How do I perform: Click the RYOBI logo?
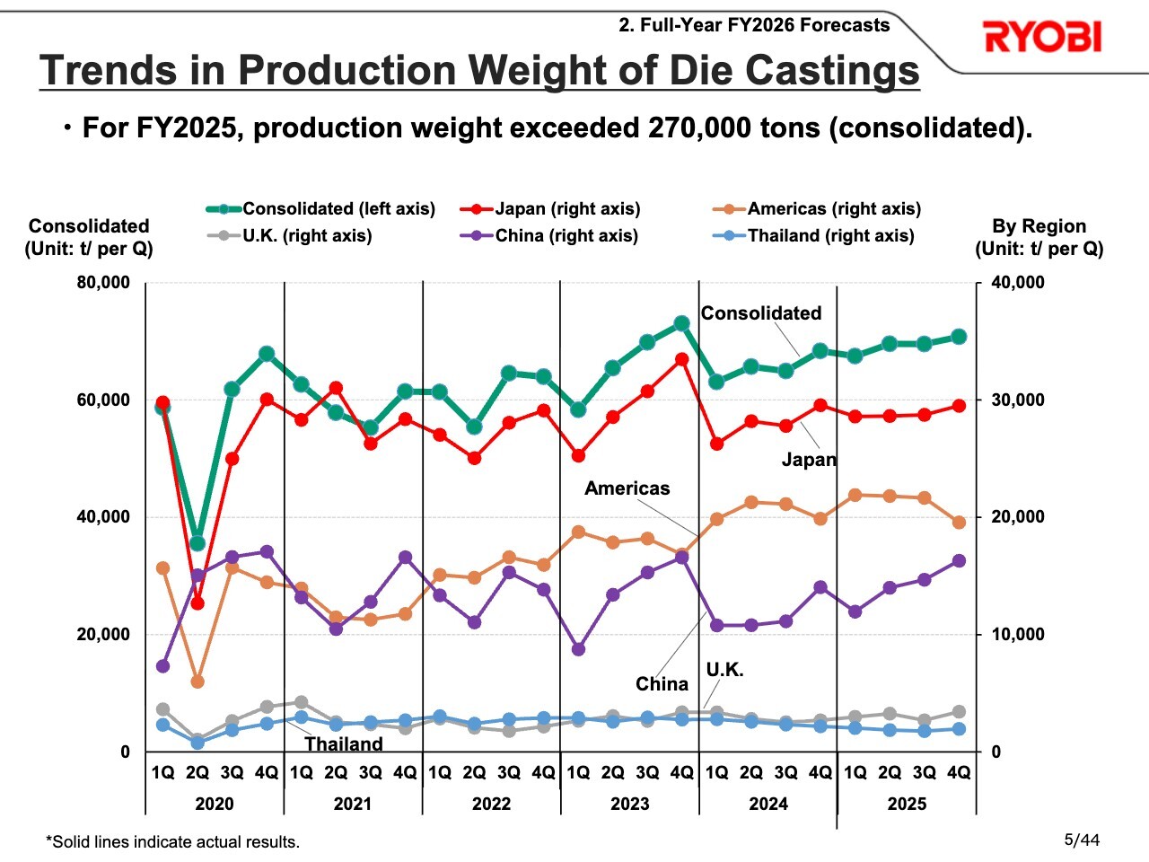pyautogui.click(x=1042, y=38)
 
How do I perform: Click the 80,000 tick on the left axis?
pyautogui.click(x=103, y=283)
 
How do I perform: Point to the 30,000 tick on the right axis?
pyautogui.click(x=1018, y=400)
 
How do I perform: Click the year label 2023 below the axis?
pyautogui.click(x=629, y=804)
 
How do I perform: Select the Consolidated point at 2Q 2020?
pyautogui.click(x=197, y=543)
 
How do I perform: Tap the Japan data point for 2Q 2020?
pyautogui.click(x=197, y=603)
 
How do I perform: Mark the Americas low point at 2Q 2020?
pyautogui.click(x=197, y=682)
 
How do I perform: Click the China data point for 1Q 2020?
pyautogui.click(x=162, y=666)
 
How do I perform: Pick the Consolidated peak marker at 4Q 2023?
pyautogui.click(x=682, y=323)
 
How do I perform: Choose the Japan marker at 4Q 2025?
pyautogui.click(x=959, y=406)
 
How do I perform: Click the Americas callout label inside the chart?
pyautogui.click(x=627, y=488)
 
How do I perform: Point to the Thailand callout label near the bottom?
pyautogui.click(x=344, y=744)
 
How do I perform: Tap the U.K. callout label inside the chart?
pyautogui.click(x=724, y=670)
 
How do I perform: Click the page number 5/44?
pyautogui.click(x=1082, y=840)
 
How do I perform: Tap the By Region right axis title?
pyautogui.click(x=1039, y=226)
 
